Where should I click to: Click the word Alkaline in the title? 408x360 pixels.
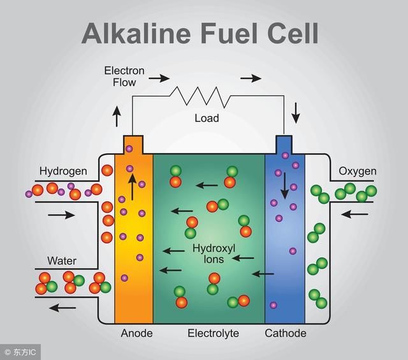point(136,33)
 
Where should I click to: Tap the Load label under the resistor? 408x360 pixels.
point(207,118)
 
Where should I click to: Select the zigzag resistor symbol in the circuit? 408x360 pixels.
point(200,97)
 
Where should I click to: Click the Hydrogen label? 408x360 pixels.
point(63,171)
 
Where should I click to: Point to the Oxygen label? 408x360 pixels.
point(358,171)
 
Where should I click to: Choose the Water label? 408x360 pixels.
point(62,261)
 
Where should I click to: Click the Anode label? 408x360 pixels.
point(136,333)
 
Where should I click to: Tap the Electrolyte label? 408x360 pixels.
point(213,333)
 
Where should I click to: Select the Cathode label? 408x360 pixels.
point(286,333)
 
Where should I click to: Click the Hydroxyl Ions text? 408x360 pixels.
point(214,254)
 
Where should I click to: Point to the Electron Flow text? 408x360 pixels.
point(124,76)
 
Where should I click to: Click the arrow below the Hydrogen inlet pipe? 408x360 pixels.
point(61,215)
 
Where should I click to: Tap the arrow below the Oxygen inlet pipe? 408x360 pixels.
point(354,214)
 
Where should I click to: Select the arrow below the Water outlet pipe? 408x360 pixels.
point(62,308)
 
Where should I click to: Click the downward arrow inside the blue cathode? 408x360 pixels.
point(285,185)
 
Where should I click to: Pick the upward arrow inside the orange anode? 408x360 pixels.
point(132,187)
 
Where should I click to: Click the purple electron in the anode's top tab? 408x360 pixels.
point(129,149)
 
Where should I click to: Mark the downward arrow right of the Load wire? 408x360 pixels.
point(296,113)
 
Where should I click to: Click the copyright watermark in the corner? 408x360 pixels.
point(20,352)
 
